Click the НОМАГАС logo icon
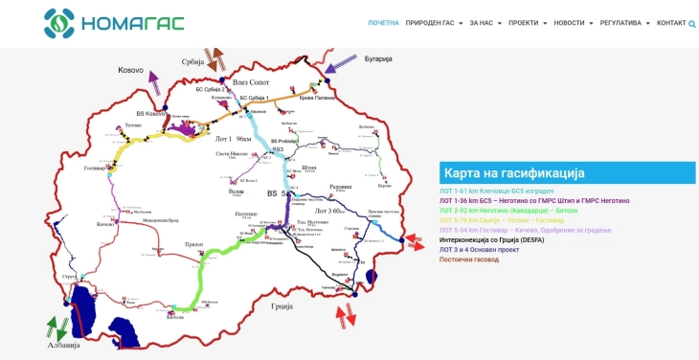(58, 22)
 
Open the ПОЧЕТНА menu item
(383, 23)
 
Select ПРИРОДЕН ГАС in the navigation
(434, 23)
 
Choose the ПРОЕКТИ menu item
(527, 23)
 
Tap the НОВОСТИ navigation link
(573, 23)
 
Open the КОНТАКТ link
(671, 23)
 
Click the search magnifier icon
(692, 23)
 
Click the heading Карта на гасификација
(512, 173)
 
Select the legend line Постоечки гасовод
(469, 259)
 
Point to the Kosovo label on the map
(130, 70)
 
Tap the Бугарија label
(378, 59)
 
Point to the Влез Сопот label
(252, 82)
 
